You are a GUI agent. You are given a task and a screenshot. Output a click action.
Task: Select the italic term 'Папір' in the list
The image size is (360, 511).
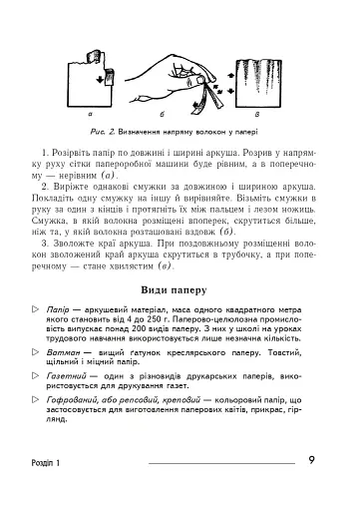(62, 311)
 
